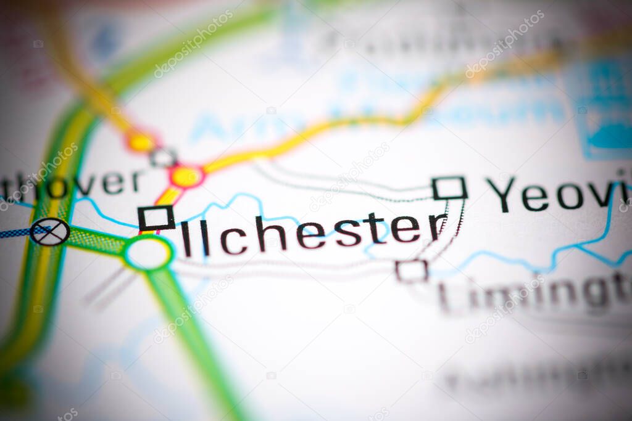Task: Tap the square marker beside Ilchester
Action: click(x=156, y=218)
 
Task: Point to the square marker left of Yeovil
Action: click(x=449, y=188)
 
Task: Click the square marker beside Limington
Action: click(x=412, y=271)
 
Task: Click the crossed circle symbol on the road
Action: click(x=49, y=232)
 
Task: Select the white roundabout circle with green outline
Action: click(x=148, y=253)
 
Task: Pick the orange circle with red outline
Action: click(x=186, y=177)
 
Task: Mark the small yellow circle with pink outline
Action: click(x=141, y=142)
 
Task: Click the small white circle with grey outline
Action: click(x=164, y=157)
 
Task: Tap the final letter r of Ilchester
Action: click(x=437, y=227)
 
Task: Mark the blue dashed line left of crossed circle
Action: click(x=14, y=233)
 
